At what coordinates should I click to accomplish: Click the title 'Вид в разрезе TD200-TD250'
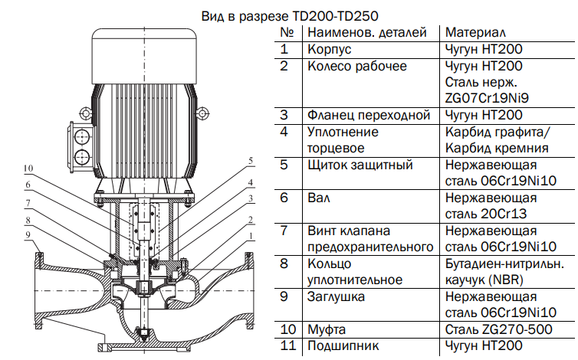pyautogui.click(x=289, y=15)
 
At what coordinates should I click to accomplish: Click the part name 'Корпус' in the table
pyautogui.click(x=329, y=50)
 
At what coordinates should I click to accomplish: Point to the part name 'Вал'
pyautogui.click(x=318, y=198)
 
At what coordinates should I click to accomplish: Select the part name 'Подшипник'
pyautogui.click(x=343, y=346)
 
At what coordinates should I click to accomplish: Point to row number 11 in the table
pyautogui.click(x=287, y=346)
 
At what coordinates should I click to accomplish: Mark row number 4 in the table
pyautogui.click(x=285, y=132)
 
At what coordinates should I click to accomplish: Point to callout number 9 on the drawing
pyautogui.click(x=28, y=234)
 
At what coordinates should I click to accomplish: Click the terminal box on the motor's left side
pyautogui.click(x=80, y=145)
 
